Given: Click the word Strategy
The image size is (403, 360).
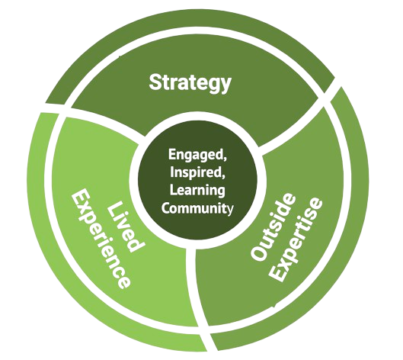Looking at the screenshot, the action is pyautogui.click(x=190, y=83).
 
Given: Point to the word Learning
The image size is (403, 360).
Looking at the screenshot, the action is pyautogui.click(x=197, y=191).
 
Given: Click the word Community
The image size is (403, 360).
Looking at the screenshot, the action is pyautogui.click(x=197, y=207).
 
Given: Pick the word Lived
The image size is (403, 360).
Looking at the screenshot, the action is pyautogui.click(x=125, y=227).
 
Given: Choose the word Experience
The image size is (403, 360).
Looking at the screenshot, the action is pyautogui.click(x=101, y=239).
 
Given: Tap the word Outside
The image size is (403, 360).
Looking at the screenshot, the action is pyautogui.click(x=273, y=227).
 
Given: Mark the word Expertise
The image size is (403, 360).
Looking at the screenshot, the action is pyautogui.click(x=297, y=239).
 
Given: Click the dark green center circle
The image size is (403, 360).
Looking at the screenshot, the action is pyautogui.click(x=197, y=180).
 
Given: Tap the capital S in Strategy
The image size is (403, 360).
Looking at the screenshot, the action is pyautogui.click(x=155, y=82).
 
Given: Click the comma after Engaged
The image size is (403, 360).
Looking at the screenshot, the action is pyautogui.click(x=225, y=158).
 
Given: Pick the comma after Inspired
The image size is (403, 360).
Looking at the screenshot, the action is pyautogui.click(x=223, y=175).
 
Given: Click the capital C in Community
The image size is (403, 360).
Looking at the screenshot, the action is pyautogui.click(x=165, y=207).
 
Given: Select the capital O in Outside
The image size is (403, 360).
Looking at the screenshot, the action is pyautogui.click(x=259, y=252).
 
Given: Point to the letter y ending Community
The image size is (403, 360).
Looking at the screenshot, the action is pyautogui.click(x=231, y=209).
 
